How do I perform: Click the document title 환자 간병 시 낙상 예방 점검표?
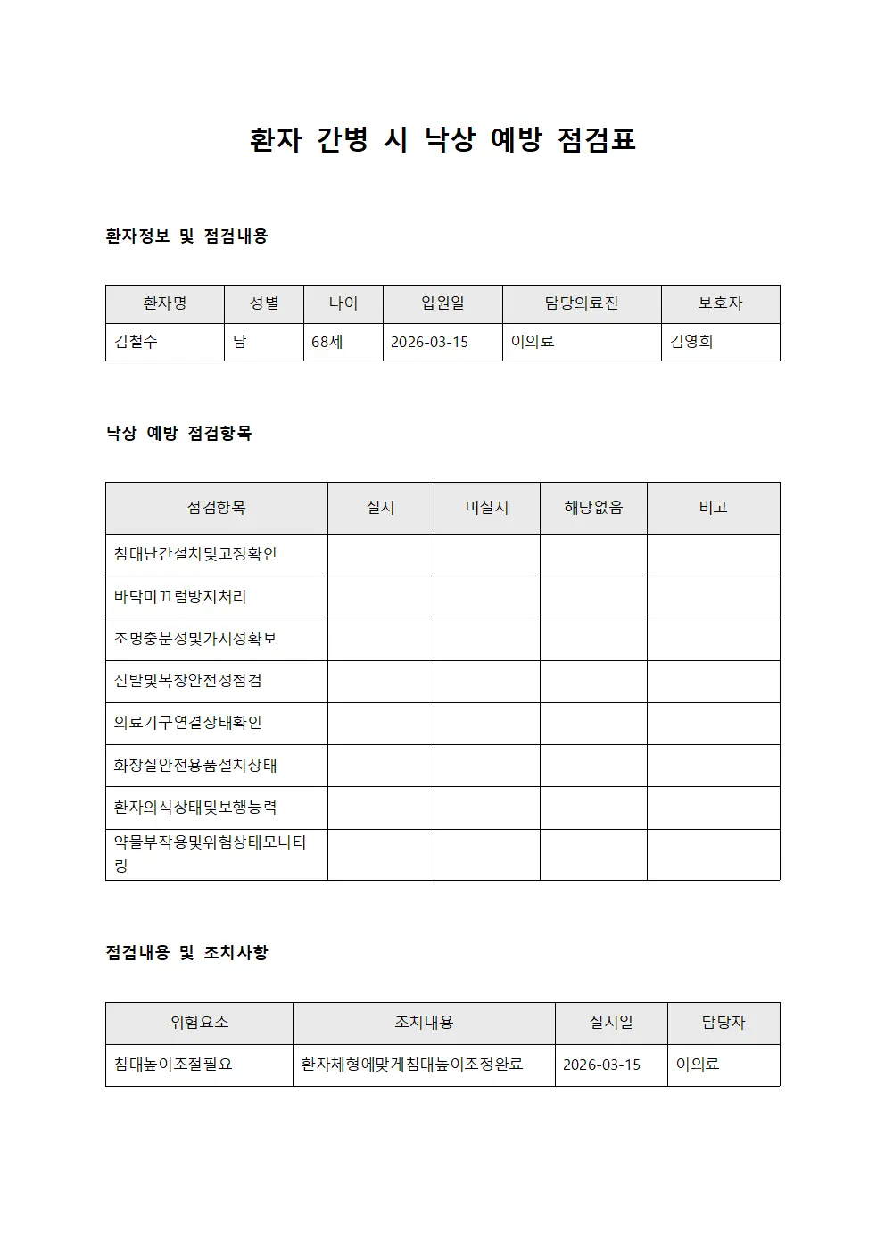coord(442,140)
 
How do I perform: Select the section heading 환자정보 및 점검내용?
coord(186,236)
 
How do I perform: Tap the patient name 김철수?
coord(136,342)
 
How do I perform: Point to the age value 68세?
coord(327,342)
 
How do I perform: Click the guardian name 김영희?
coord(691,342)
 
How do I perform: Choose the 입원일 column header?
coord(442,303)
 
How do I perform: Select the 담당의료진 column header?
coord(582,303)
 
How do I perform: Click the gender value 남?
coord(240,342)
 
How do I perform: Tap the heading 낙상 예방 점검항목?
coord(178,434)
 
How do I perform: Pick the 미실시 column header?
coord(487,508)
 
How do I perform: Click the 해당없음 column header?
coord(593,508)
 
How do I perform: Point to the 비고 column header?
coord(713,508)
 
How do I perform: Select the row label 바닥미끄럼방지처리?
coord(180,596)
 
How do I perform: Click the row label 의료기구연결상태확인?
coord(187,723)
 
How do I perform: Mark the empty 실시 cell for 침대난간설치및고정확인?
coord(381,554)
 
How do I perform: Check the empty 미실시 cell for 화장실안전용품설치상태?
coord(487,765)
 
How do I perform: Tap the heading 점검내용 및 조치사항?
coord(186,953)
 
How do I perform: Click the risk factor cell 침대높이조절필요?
coord(173,1065)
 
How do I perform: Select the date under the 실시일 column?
coord(601,1065)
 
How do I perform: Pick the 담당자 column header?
coord(724,1023)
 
